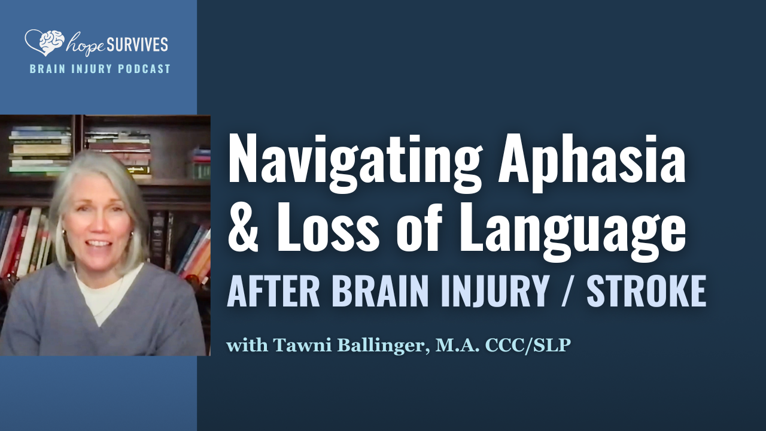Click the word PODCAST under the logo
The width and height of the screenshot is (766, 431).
146,69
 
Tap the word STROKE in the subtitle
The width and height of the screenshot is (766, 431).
646,292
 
